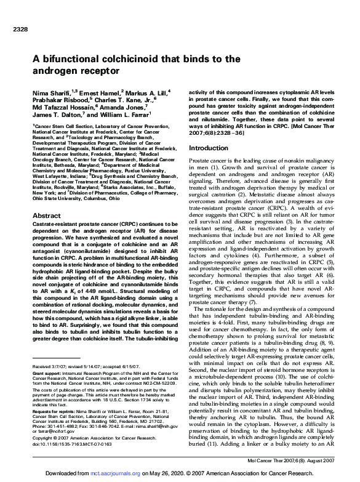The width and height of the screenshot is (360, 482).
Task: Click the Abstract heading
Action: point(46,216)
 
